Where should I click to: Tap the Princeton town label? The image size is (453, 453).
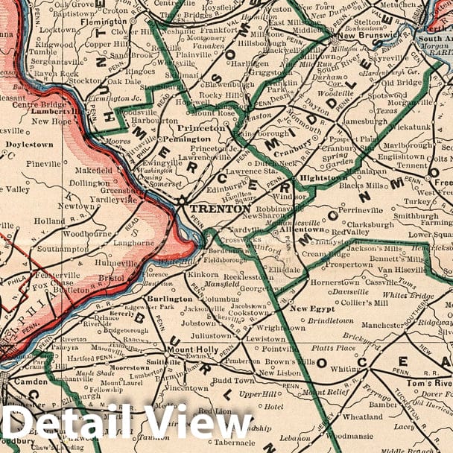[x=201, y=127]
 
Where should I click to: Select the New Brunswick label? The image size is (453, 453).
[x=367, y=35]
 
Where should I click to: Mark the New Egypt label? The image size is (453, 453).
[x=309, y=308]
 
